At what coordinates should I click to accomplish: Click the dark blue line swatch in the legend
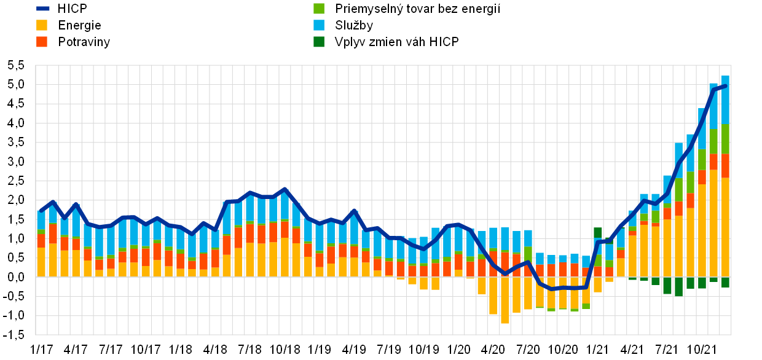(x=43, y=9)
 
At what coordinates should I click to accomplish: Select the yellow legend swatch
(x=42, y=25)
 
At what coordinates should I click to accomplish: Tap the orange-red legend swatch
(x=42, y=42)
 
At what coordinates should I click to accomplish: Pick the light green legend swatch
(x=319, y=9)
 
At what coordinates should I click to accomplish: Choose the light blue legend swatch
(x=319, y=25)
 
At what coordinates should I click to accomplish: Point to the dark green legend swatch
(x=319, y=42)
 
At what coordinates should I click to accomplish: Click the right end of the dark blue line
(x=726, y=86)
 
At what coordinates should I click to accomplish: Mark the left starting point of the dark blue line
(x=41, y=211)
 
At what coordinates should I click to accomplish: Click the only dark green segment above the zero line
(x=598, y=233)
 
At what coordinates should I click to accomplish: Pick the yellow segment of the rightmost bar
(x=726, y=227)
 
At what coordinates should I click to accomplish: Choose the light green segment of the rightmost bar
(x=726, y=138)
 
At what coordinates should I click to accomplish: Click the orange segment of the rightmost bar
(x=726, y=166)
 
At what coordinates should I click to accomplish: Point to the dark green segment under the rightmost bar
(x=726, y=282)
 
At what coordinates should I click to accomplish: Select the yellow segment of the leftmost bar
(x=41, y=262)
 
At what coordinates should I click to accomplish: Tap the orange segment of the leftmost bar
(x=41, y=240)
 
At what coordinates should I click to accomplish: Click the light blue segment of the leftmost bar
(x=41, y=220)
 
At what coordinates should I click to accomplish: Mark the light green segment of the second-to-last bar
(x=713, y=141)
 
